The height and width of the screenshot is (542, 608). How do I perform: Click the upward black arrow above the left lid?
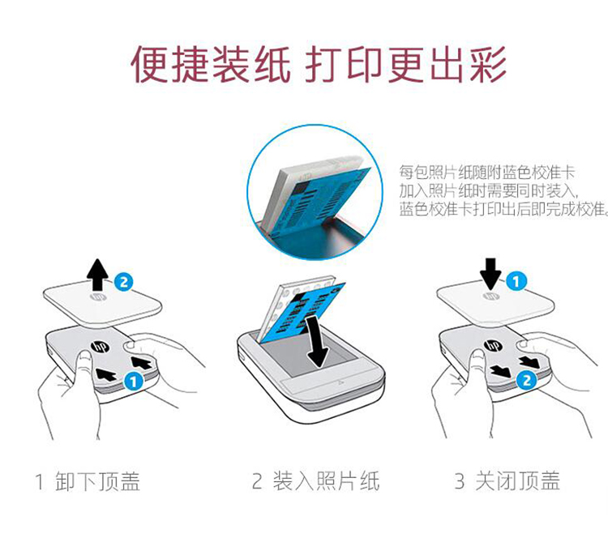pos(97,275)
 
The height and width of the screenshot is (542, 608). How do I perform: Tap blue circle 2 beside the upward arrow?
pos(124,282)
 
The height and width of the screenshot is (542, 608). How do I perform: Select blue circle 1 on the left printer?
pos(133,382)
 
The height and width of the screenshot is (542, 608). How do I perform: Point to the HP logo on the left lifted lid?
pos(98,297)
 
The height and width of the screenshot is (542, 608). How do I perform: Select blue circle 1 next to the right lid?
pos(516,282)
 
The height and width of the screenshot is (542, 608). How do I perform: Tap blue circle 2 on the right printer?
pos(526,380)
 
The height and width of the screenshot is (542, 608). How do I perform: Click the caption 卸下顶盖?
pos(97,481)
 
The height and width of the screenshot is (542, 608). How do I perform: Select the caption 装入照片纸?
pos(326,481)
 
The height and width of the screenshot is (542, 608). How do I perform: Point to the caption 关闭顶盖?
pos(518,480)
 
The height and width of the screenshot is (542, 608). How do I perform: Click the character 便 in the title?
pos(150,64)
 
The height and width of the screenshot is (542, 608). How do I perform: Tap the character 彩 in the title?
pos(488,64)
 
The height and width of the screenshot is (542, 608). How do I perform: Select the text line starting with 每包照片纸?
pos(487,172)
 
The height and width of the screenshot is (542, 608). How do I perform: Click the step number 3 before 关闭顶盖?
pos(460,481)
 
